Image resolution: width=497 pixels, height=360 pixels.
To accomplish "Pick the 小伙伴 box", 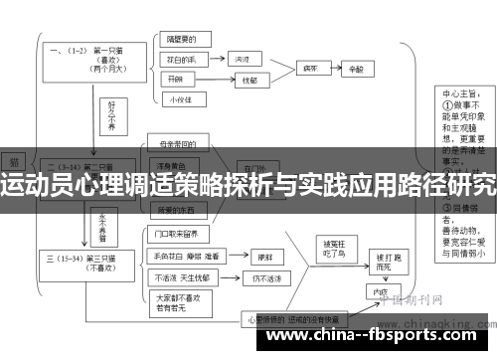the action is coord(179,98).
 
